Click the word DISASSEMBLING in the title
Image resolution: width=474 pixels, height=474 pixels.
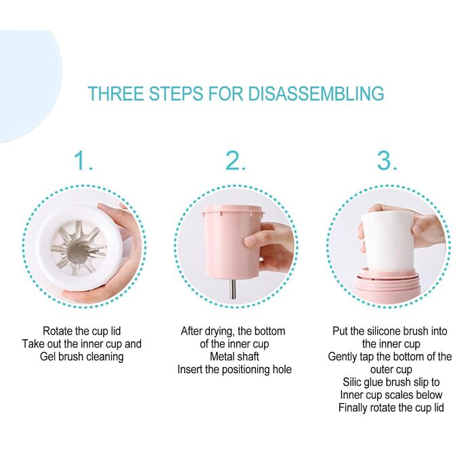coord(316,93)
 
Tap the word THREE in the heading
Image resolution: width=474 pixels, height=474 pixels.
coord(116,93)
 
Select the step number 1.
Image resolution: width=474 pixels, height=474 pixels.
coord(83,161)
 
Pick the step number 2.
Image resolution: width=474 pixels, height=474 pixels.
coord(236,161)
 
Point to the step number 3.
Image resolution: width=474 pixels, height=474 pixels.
coord(387,161)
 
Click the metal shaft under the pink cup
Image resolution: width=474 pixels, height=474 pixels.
coord(233,288)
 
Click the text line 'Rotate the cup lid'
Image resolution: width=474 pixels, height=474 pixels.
coord(82,331)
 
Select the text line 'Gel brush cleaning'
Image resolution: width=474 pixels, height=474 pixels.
coord(82,357)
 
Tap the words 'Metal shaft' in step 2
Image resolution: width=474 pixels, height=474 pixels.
coord(234,357)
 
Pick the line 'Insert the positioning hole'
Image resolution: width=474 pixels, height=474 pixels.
coord(234,370)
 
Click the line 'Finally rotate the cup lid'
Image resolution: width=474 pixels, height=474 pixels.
coord(391,408)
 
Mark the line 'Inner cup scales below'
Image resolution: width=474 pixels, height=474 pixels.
coord(391,395)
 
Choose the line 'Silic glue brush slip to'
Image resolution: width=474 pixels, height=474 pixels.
coord(391,382)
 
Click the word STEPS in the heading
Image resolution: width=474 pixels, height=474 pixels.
coord(176,93)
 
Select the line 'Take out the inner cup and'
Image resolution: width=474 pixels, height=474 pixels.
coord(82,344)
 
